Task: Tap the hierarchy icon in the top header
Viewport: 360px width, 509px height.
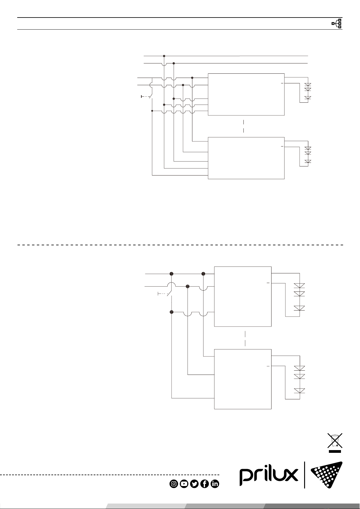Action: coord(337,23)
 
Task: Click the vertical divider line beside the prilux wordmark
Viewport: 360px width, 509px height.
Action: coord(304,475)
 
